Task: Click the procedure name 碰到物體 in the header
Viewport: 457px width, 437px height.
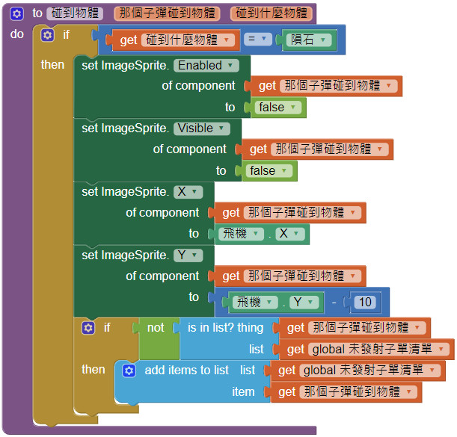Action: coord(76,13)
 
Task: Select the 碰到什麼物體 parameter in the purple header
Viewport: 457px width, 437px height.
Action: coord(271,13)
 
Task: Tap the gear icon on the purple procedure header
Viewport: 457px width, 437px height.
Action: coord(17,13)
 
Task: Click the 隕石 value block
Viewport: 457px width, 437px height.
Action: coord(307,40)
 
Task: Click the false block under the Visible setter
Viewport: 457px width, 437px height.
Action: coord(267,171)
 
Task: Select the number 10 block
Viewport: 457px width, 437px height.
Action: coord(365,303)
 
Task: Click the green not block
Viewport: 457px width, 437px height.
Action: coord(156,327)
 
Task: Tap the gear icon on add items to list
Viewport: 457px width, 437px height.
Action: coord(128,371)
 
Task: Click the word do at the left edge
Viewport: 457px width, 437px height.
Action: coord(16,34)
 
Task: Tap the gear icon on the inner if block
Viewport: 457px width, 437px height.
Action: coord(88,328)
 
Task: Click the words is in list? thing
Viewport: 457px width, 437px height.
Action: coord(225,327)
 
